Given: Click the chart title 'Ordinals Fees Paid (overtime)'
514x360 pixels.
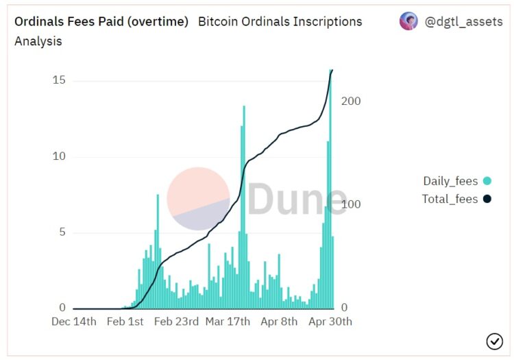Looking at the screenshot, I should (101, 21).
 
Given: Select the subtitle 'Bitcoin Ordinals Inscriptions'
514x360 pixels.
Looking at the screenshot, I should (280, 21).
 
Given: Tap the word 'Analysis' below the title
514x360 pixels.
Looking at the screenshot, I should (38, 41).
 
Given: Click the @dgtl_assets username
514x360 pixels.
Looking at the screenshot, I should (463, 21).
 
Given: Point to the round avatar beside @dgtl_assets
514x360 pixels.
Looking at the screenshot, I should (408, 21).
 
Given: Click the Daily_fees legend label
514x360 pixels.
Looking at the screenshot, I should (450, 181).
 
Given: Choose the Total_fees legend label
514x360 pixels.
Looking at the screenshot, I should (450, 199).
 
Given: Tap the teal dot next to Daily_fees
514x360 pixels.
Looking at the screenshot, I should (487, 181).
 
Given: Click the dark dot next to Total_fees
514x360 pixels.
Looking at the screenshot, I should (487, 199).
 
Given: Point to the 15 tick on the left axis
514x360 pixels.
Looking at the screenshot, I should (59, 80).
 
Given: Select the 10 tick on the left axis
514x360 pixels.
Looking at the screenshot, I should (59, 156).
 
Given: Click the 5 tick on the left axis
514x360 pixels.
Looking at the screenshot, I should (62, 232).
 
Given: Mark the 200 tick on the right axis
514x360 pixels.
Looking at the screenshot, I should (351, 101).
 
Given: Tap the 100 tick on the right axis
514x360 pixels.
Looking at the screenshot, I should (351, 204).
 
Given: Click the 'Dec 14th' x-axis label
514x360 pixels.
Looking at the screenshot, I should (74, 322).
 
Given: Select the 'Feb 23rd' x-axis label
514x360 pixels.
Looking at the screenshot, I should (176, 322).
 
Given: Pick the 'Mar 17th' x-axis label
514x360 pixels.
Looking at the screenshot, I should (228, 322).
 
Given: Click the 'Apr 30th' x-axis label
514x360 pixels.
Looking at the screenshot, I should (330, 322).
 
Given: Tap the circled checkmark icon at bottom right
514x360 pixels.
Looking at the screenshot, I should (494, 341).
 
